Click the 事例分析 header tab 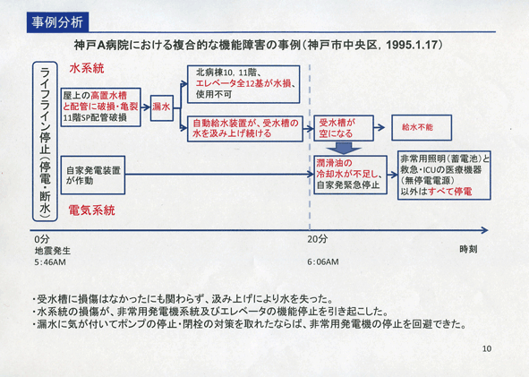pyautogui.click(x=57, y=22)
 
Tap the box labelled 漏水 pyautogui.click(x=162, y=107)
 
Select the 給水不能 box pyautogui.click(x=422, y=127)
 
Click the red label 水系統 pyautogui.click(x=87, y=69)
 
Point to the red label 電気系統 pyautogui.click(x=92, y=210)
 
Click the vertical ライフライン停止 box pyautogui.click(x=45, y=141)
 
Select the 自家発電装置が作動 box pyautogui.click(x=93, y=175)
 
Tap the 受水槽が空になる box pyautogui.click(x=344, y=128)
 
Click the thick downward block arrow pyautogui.click(x=344, y=148)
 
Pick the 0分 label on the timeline pyautogui.click(x=42, y=239)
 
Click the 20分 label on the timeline pyautogui.click(x=317, y=239)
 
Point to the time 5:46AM pyautogui.click(x=50, y=262)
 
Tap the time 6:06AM pyautogui.click(x=323, y=261)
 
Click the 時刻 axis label pyautogui.click(x=468, y=250)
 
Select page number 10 pyautogui.click(x=487, y=348)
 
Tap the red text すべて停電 pyautogui.click(x=450, y=192)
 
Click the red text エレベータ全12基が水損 pyautogui.click(x=243, y=83)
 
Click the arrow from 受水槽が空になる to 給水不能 pyautogui.click(x=380, y=127)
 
